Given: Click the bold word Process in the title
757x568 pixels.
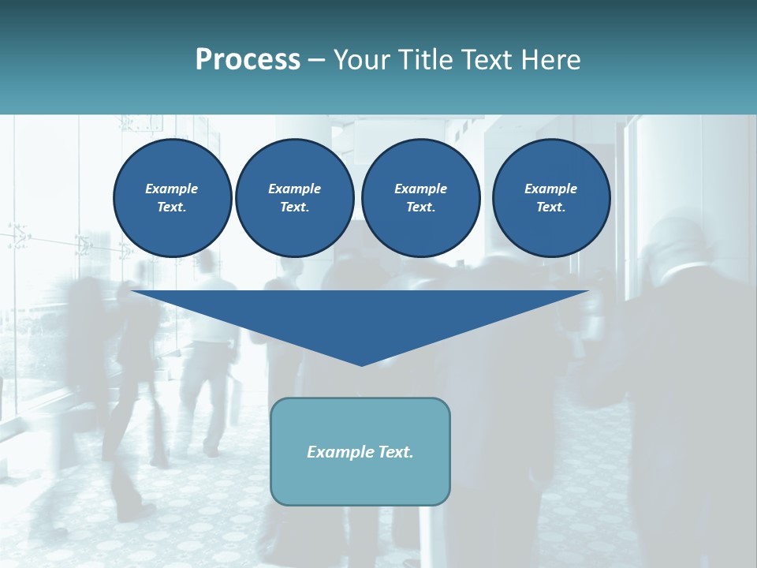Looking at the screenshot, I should point(248,60).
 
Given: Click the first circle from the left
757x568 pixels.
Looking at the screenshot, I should point(172,197).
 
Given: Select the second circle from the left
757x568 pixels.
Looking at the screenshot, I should point(294,197).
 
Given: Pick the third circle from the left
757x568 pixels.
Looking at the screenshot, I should point(420,197).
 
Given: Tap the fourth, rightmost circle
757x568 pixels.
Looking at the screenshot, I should point(551,197).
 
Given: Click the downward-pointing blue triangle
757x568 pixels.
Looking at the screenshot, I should point(361,316).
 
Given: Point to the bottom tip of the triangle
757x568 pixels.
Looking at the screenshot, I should point(361,364).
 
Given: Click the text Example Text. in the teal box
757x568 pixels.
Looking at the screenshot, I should point(360,452).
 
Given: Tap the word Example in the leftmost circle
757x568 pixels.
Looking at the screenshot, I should point(172,189).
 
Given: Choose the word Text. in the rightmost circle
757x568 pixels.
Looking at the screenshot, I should point(551,207).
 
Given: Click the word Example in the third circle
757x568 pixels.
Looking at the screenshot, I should point(420,189).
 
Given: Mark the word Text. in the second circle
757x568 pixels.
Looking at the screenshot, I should point(294,207).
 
